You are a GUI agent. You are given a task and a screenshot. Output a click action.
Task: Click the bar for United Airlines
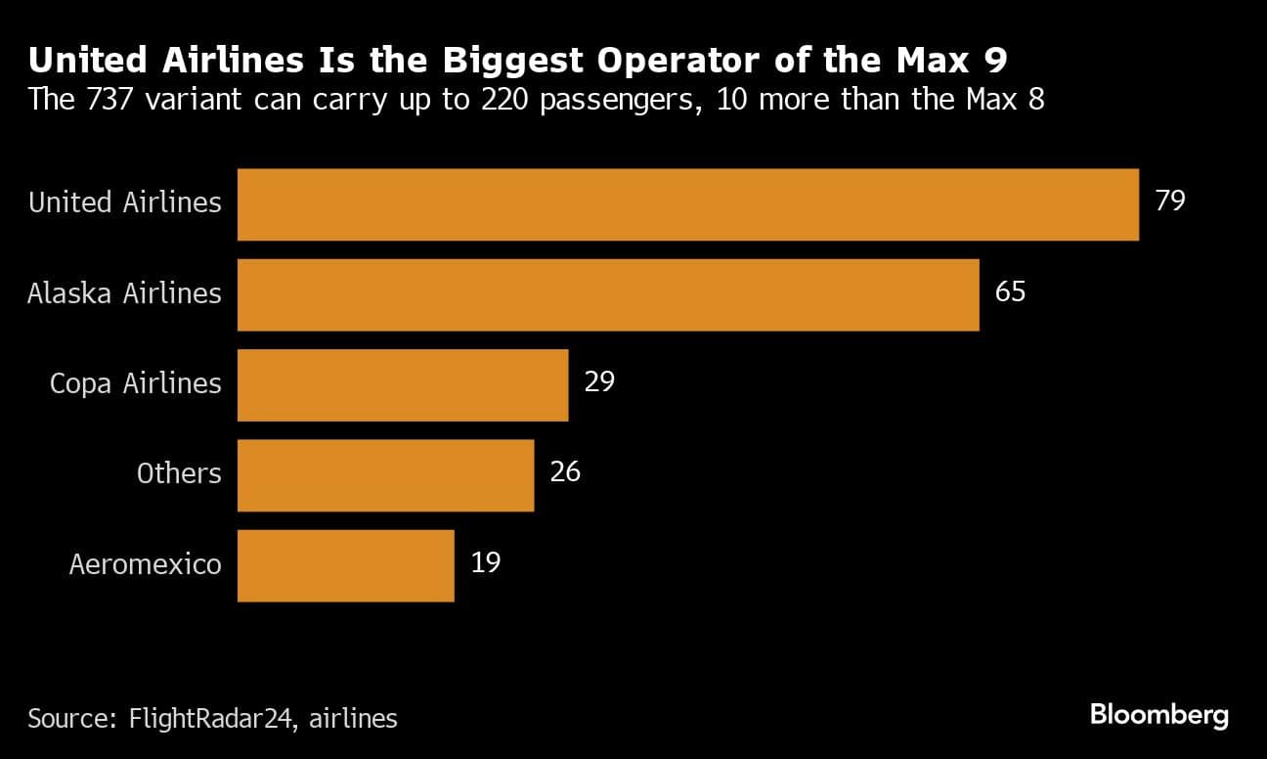click(x=688, y=204)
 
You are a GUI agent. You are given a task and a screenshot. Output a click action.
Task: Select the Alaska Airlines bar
click(x=608, y=295)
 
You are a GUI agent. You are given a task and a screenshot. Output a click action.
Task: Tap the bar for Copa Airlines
click(x=403, y=385)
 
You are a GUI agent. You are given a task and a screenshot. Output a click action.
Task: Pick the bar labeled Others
click(x=385, y=475)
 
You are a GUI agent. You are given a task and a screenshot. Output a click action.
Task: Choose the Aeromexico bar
click(x=345, y=565)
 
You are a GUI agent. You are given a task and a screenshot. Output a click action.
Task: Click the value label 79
click(x=1170, y=201)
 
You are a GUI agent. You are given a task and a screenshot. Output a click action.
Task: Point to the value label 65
click(x=1010, y=291)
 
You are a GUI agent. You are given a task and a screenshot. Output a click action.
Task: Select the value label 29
click(x=599, y=381)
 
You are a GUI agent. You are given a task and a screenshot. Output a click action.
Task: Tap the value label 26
click(x=565, y=472)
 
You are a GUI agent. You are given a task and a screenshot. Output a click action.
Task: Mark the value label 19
click(x=486, y=562)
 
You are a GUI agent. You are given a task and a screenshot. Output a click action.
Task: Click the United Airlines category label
click(x=125, y=202)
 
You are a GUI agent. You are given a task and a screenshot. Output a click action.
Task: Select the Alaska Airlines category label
click(x=124, y=293)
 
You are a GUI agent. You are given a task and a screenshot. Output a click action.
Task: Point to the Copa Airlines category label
click(x=136, y=383)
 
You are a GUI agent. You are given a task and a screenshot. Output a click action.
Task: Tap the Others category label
click(x=179, y=474)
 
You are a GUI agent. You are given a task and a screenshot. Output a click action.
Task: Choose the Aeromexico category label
click(x=145, y=564)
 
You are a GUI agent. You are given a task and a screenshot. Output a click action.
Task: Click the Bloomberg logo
click(x=1158, y=715)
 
